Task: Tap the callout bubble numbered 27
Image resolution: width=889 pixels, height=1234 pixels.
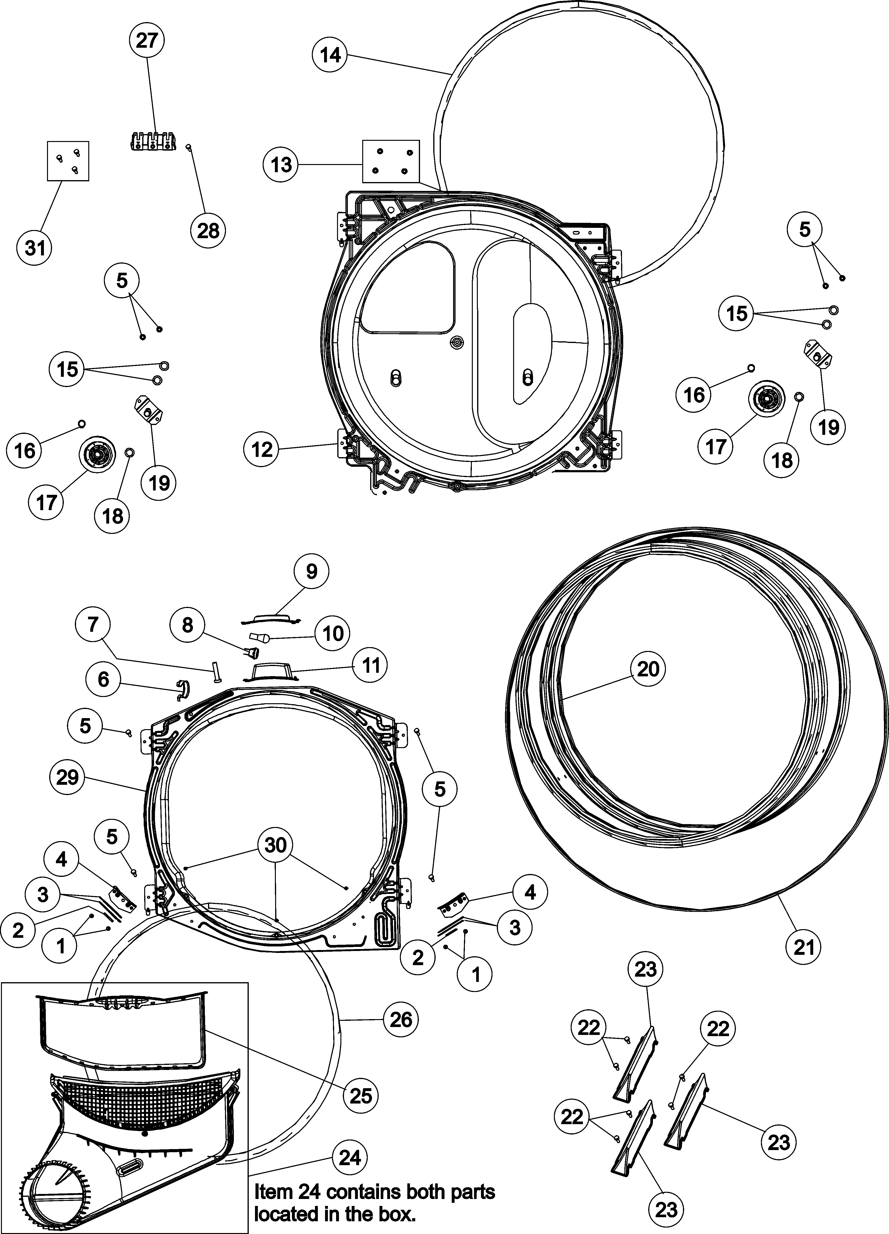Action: pos(146,40)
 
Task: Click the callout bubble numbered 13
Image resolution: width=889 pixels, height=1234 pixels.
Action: pos(281,164)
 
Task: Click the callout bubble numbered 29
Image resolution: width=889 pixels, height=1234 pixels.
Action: pos(67,778)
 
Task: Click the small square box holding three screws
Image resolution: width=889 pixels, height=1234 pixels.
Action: pos(68,162)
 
